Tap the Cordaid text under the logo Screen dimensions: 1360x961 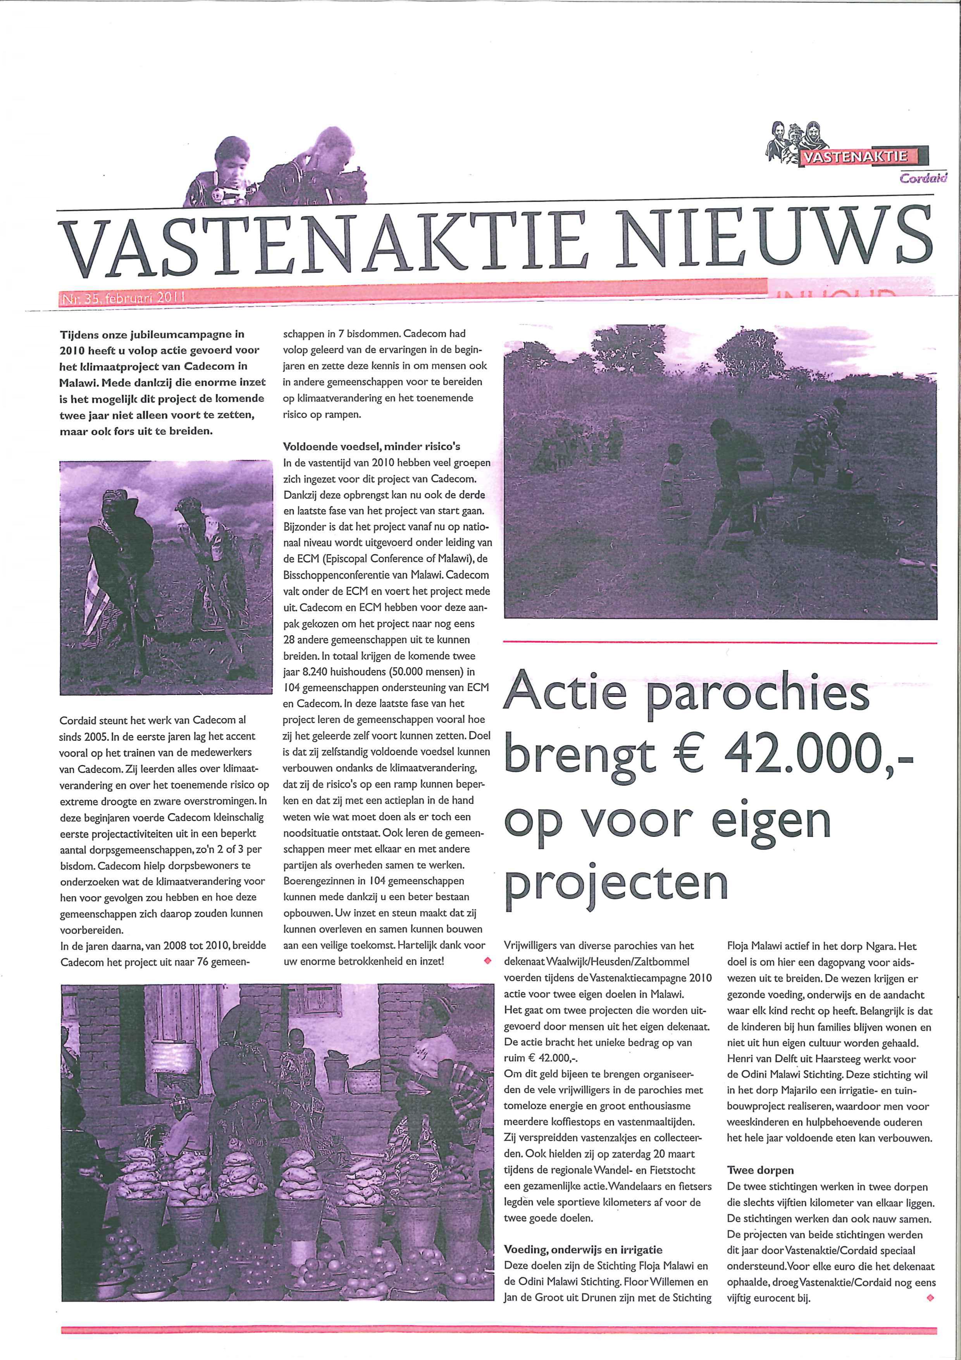923,178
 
